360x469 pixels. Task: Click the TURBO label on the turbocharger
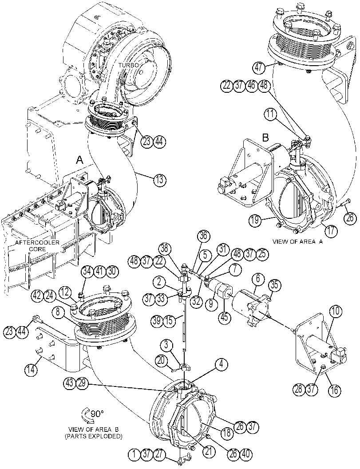click(x=128, y=65)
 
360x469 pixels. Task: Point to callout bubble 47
click(x=259, y=67)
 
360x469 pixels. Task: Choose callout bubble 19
click(x=255, y=221)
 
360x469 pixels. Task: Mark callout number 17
click(x=332, y=231)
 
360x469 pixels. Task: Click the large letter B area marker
click(x=266, y=138)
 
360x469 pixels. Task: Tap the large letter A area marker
click(x=79, y=160)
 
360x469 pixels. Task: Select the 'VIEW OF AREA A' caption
click(x=297, y=241)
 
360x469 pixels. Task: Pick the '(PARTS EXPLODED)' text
click(x=94, y=437)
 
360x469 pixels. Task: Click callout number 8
click(x=58, y=312)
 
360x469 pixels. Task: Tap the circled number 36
click(x=203, y=236)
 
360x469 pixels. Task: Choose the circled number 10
click(x=336, y=311)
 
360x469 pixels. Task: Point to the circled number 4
click(x=221, y=364)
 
